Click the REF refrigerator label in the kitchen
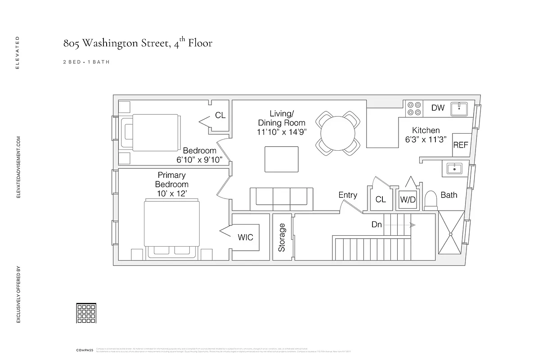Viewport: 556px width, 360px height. click(x=461, y=145)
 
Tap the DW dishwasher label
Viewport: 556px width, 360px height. click(x=438, y=108)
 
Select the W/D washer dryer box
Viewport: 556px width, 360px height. click(x=408, y=199)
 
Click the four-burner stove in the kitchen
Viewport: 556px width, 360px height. click(x=414, y=108)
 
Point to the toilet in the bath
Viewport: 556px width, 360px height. click(x=431, y=199)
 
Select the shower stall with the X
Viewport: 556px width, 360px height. click(x=450, y=234)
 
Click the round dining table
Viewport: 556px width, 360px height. click(x=338, y=133)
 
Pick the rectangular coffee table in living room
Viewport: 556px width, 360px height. click(x=281, y=159)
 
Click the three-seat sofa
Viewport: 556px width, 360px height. click(x=282, y=198)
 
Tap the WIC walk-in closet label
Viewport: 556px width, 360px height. click(x=245, y=237)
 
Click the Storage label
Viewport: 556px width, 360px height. click(x=282, y=237)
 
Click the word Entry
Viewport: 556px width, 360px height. click(x=348, y=195)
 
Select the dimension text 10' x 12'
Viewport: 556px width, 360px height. click(x=172, y=193)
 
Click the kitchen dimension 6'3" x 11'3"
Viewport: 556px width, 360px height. click(x=426, y=140)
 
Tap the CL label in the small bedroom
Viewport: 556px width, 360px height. click(x=220, y=116)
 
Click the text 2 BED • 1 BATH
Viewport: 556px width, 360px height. click(x=86, y=62)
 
